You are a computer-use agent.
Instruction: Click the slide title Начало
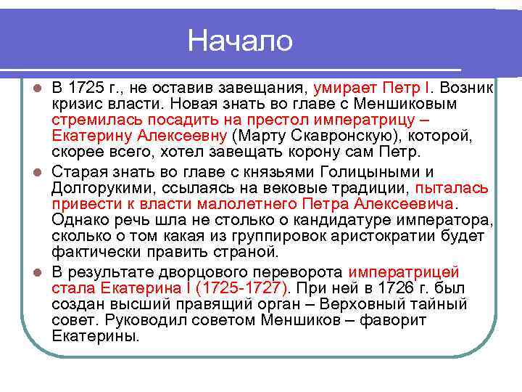[240, 41]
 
